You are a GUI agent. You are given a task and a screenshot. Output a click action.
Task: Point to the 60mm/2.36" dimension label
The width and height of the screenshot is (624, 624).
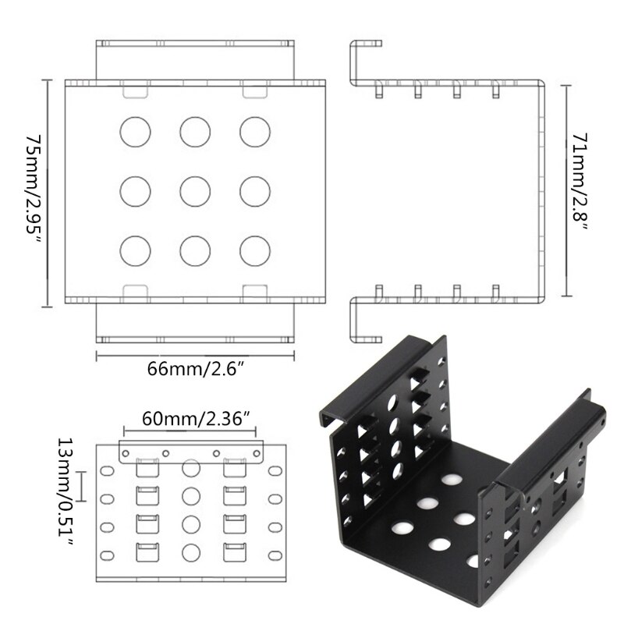pyautogui.click(x=196, y=418)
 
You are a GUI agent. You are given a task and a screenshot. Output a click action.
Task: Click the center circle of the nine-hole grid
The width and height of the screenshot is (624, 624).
pyautogui.click(x=195, y=190)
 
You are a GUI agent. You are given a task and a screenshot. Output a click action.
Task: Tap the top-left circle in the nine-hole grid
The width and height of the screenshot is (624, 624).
pyautogui.click(x=136, y=130)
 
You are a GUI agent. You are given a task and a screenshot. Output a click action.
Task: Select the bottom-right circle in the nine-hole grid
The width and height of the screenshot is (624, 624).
pyautogui.click(x=254, y=248)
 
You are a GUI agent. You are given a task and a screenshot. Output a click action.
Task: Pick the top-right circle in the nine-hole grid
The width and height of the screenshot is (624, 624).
pyautogui.click(x=254, y=130)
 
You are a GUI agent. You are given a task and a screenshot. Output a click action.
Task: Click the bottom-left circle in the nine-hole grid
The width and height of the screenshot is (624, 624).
pyautogui.click(x=136, y=248)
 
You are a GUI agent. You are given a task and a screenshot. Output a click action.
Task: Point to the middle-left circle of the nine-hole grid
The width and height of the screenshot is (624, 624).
pyautogui.click(x=136, y=190)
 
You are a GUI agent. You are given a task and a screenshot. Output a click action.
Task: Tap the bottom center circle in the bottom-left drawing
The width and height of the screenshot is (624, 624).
pyautogui.click(x=190, y=552)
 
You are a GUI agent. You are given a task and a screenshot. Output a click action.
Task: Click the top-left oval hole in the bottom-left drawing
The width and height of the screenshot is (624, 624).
pyautogui.click(x=106, y=471)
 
